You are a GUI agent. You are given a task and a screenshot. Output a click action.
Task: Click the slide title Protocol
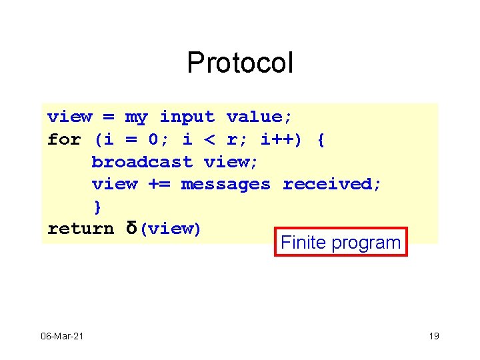pos(239,63)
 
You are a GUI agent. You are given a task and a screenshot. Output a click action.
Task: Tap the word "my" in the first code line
pos(136,117)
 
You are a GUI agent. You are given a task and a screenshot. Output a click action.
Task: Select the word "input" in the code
pos(187,117)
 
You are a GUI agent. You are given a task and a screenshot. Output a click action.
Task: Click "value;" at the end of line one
pos(259,117)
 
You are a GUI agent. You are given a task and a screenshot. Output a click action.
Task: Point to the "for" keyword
pos(64,140)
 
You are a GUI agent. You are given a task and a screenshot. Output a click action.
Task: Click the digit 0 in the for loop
pos(153,140)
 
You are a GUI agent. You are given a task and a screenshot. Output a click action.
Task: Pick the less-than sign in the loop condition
pos(209,140)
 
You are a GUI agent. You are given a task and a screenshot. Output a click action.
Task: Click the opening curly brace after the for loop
pos(321,140)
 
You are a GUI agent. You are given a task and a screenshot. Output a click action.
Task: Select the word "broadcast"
pos(141,162)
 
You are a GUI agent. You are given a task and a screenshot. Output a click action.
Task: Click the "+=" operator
pos(159,184)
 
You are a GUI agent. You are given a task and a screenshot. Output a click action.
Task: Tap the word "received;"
pos(332,184)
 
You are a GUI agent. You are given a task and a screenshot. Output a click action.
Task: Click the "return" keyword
pos(81,229)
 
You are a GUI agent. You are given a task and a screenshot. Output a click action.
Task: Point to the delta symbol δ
pos(131,229)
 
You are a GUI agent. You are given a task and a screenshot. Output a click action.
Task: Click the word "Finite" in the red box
pos(301,243)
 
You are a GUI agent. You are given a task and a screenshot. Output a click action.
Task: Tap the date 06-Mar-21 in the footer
pos(61,336)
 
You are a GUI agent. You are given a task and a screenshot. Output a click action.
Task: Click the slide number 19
pos(433,336)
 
